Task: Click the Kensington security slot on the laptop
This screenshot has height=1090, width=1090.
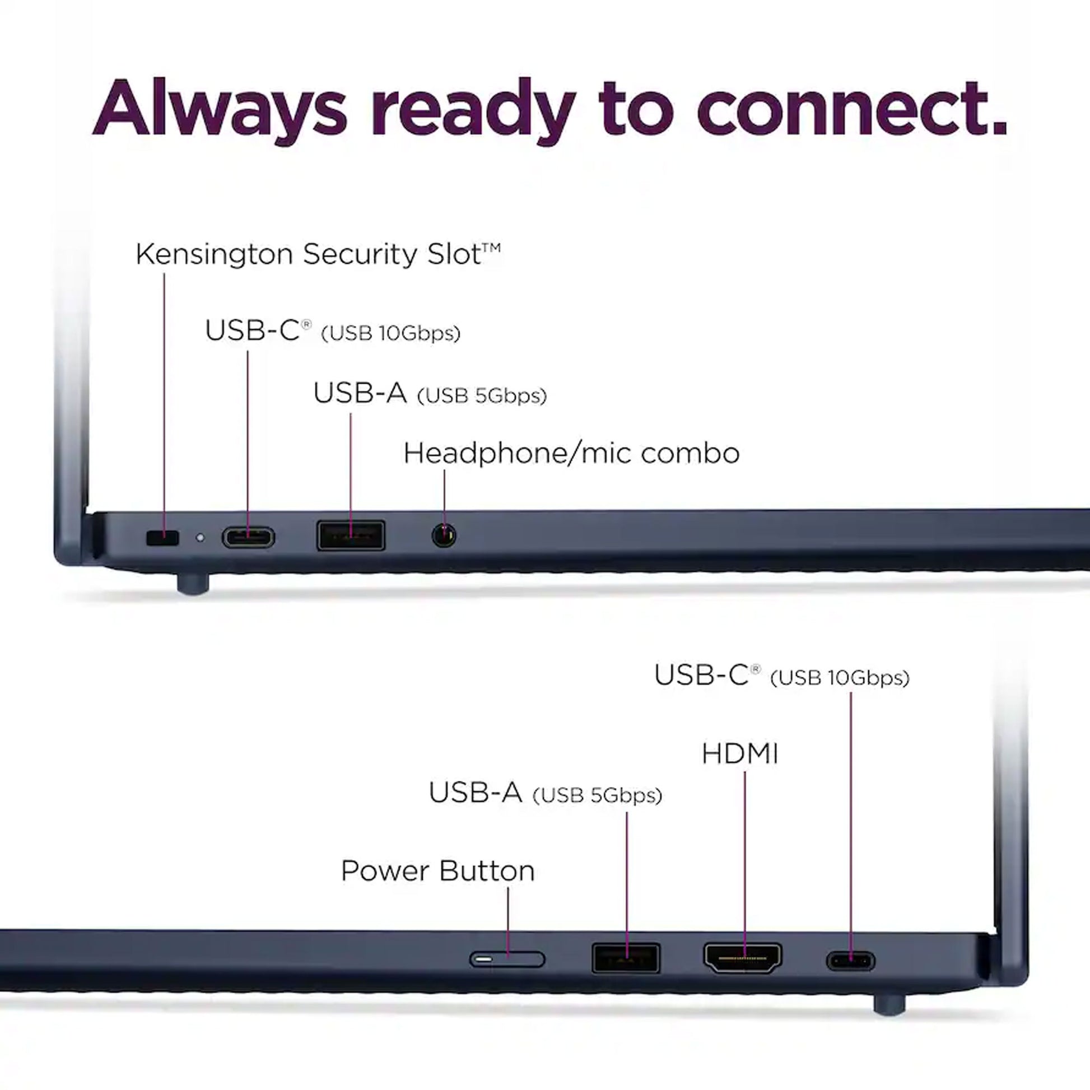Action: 162,538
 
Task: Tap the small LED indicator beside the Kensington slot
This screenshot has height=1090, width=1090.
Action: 200,538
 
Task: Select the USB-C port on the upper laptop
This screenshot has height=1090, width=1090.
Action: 248,538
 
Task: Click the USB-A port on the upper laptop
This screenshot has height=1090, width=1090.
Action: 351,535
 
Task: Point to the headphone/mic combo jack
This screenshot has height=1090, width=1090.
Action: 444,535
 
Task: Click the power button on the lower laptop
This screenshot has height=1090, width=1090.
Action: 507,959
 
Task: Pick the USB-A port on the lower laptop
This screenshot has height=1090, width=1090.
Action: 626,958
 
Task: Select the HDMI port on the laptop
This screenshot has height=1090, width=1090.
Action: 743,958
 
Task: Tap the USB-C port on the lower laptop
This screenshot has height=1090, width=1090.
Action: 851,961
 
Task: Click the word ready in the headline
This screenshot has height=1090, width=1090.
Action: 473,110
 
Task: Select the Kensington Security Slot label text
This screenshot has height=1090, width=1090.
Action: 318,254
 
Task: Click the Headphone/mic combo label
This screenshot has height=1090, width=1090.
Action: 571,454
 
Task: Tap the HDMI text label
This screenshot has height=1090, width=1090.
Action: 740,754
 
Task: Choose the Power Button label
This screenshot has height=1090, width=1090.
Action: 438,870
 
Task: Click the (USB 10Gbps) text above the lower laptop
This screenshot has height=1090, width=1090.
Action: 840,678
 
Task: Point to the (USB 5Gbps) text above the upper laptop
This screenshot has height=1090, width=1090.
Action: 482,396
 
